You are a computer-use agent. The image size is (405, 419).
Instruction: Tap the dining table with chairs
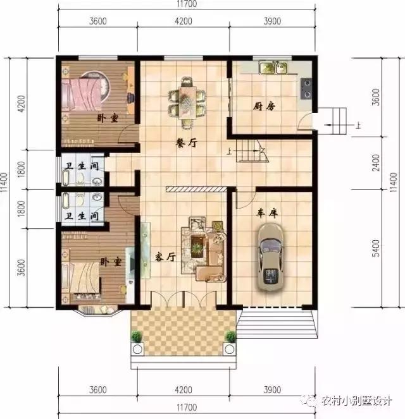pos(187,99)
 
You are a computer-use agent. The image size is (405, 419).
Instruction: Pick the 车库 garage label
pos(267,214)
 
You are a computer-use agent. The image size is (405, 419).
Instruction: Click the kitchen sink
pos(274,67)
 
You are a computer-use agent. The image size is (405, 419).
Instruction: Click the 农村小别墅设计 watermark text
pos(358,399)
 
